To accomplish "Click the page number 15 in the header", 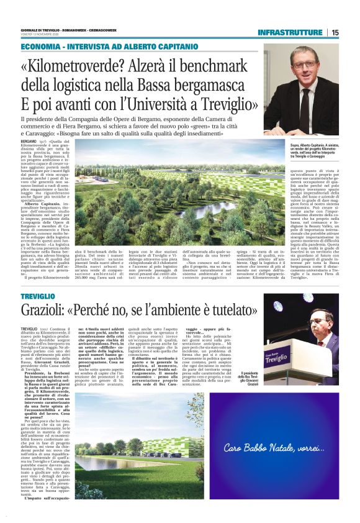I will pos(335,32).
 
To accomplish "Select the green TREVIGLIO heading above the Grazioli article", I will pos(37,297).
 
